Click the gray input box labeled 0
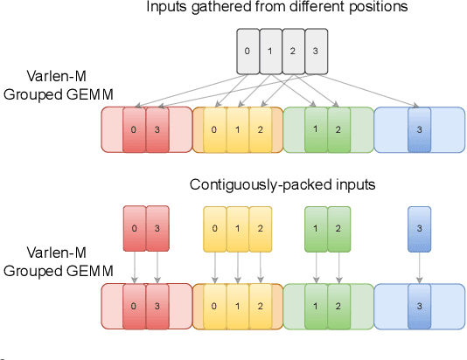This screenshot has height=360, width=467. pyautogui.click(x=247, y=51)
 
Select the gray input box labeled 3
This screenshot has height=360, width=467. pyautogui.click(x=314, y=51)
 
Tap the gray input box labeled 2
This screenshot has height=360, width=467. pyautogui.click(x=292, y=51)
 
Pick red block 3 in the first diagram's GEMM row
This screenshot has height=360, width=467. pyautogui.click(x=157, y=130)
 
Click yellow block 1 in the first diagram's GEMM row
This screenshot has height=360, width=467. pyautogui.click(x=237, y=130)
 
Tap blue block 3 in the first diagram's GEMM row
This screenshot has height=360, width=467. pyautogui.click(x=419, y=130)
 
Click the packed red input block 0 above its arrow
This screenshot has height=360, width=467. pyautogui.click(x=135, y=229)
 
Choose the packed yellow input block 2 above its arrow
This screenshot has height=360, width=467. pyautogui.click(x=259, y=229)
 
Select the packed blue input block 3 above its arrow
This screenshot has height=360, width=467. pyautogui.click(x=419, y=229)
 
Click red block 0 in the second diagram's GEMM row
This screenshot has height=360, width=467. pyautogui.click(x=135, y=306)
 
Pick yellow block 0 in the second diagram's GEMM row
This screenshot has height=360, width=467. pyautogui.click(x=215, y=306)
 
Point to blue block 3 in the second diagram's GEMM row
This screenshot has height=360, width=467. pyautogui.click(x=419, y=306)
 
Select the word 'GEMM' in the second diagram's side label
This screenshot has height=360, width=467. pyautogui.click(x=90, y=270)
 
